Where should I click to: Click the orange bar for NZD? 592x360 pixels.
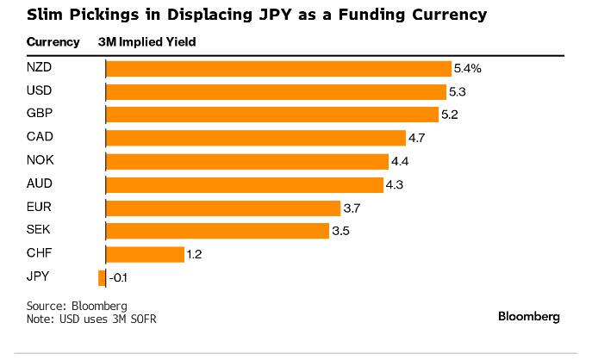277,68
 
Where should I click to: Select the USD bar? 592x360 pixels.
275,91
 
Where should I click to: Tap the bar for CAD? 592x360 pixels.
255,138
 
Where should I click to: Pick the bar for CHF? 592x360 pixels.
145,254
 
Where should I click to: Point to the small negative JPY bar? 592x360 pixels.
102,277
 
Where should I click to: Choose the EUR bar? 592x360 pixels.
223,208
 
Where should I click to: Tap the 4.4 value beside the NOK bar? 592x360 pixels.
401,161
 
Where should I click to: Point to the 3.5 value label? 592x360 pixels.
341,231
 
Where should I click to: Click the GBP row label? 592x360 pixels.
39,115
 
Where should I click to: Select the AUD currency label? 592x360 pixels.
39,184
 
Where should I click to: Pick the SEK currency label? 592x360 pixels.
39,231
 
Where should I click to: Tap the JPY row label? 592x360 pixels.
38,277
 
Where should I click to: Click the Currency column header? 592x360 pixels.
53,42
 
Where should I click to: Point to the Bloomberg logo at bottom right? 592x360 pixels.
529,317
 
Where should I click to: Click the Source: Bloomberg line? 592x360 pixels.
77,306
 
